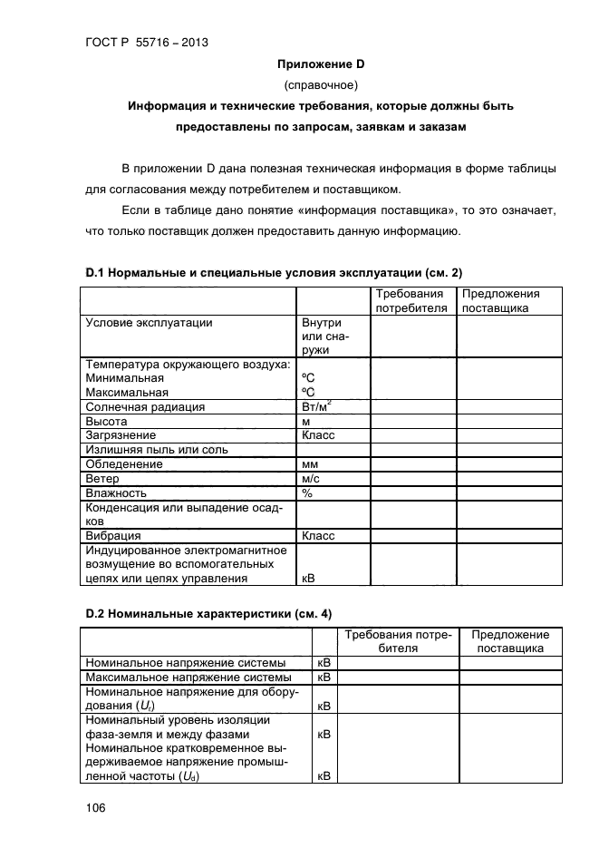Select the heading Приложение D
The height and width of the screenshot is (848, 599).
point(321,63)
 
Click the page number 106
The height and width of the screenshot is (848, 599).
point(94,805)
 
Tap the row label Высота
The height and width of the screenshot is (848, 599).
point(106,422)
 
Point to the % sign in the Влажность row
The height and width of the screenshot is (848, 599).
point(307,492)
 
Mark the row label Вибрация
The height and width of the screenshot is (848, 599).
point(113,535)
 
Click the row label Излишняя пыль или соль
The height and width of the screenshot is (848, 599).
point(157,450)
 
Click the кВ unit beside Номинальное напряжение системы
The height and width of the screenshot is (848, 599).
point(324,663)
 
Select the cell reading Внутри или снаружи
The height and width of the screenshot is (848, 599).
point(322,335)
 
